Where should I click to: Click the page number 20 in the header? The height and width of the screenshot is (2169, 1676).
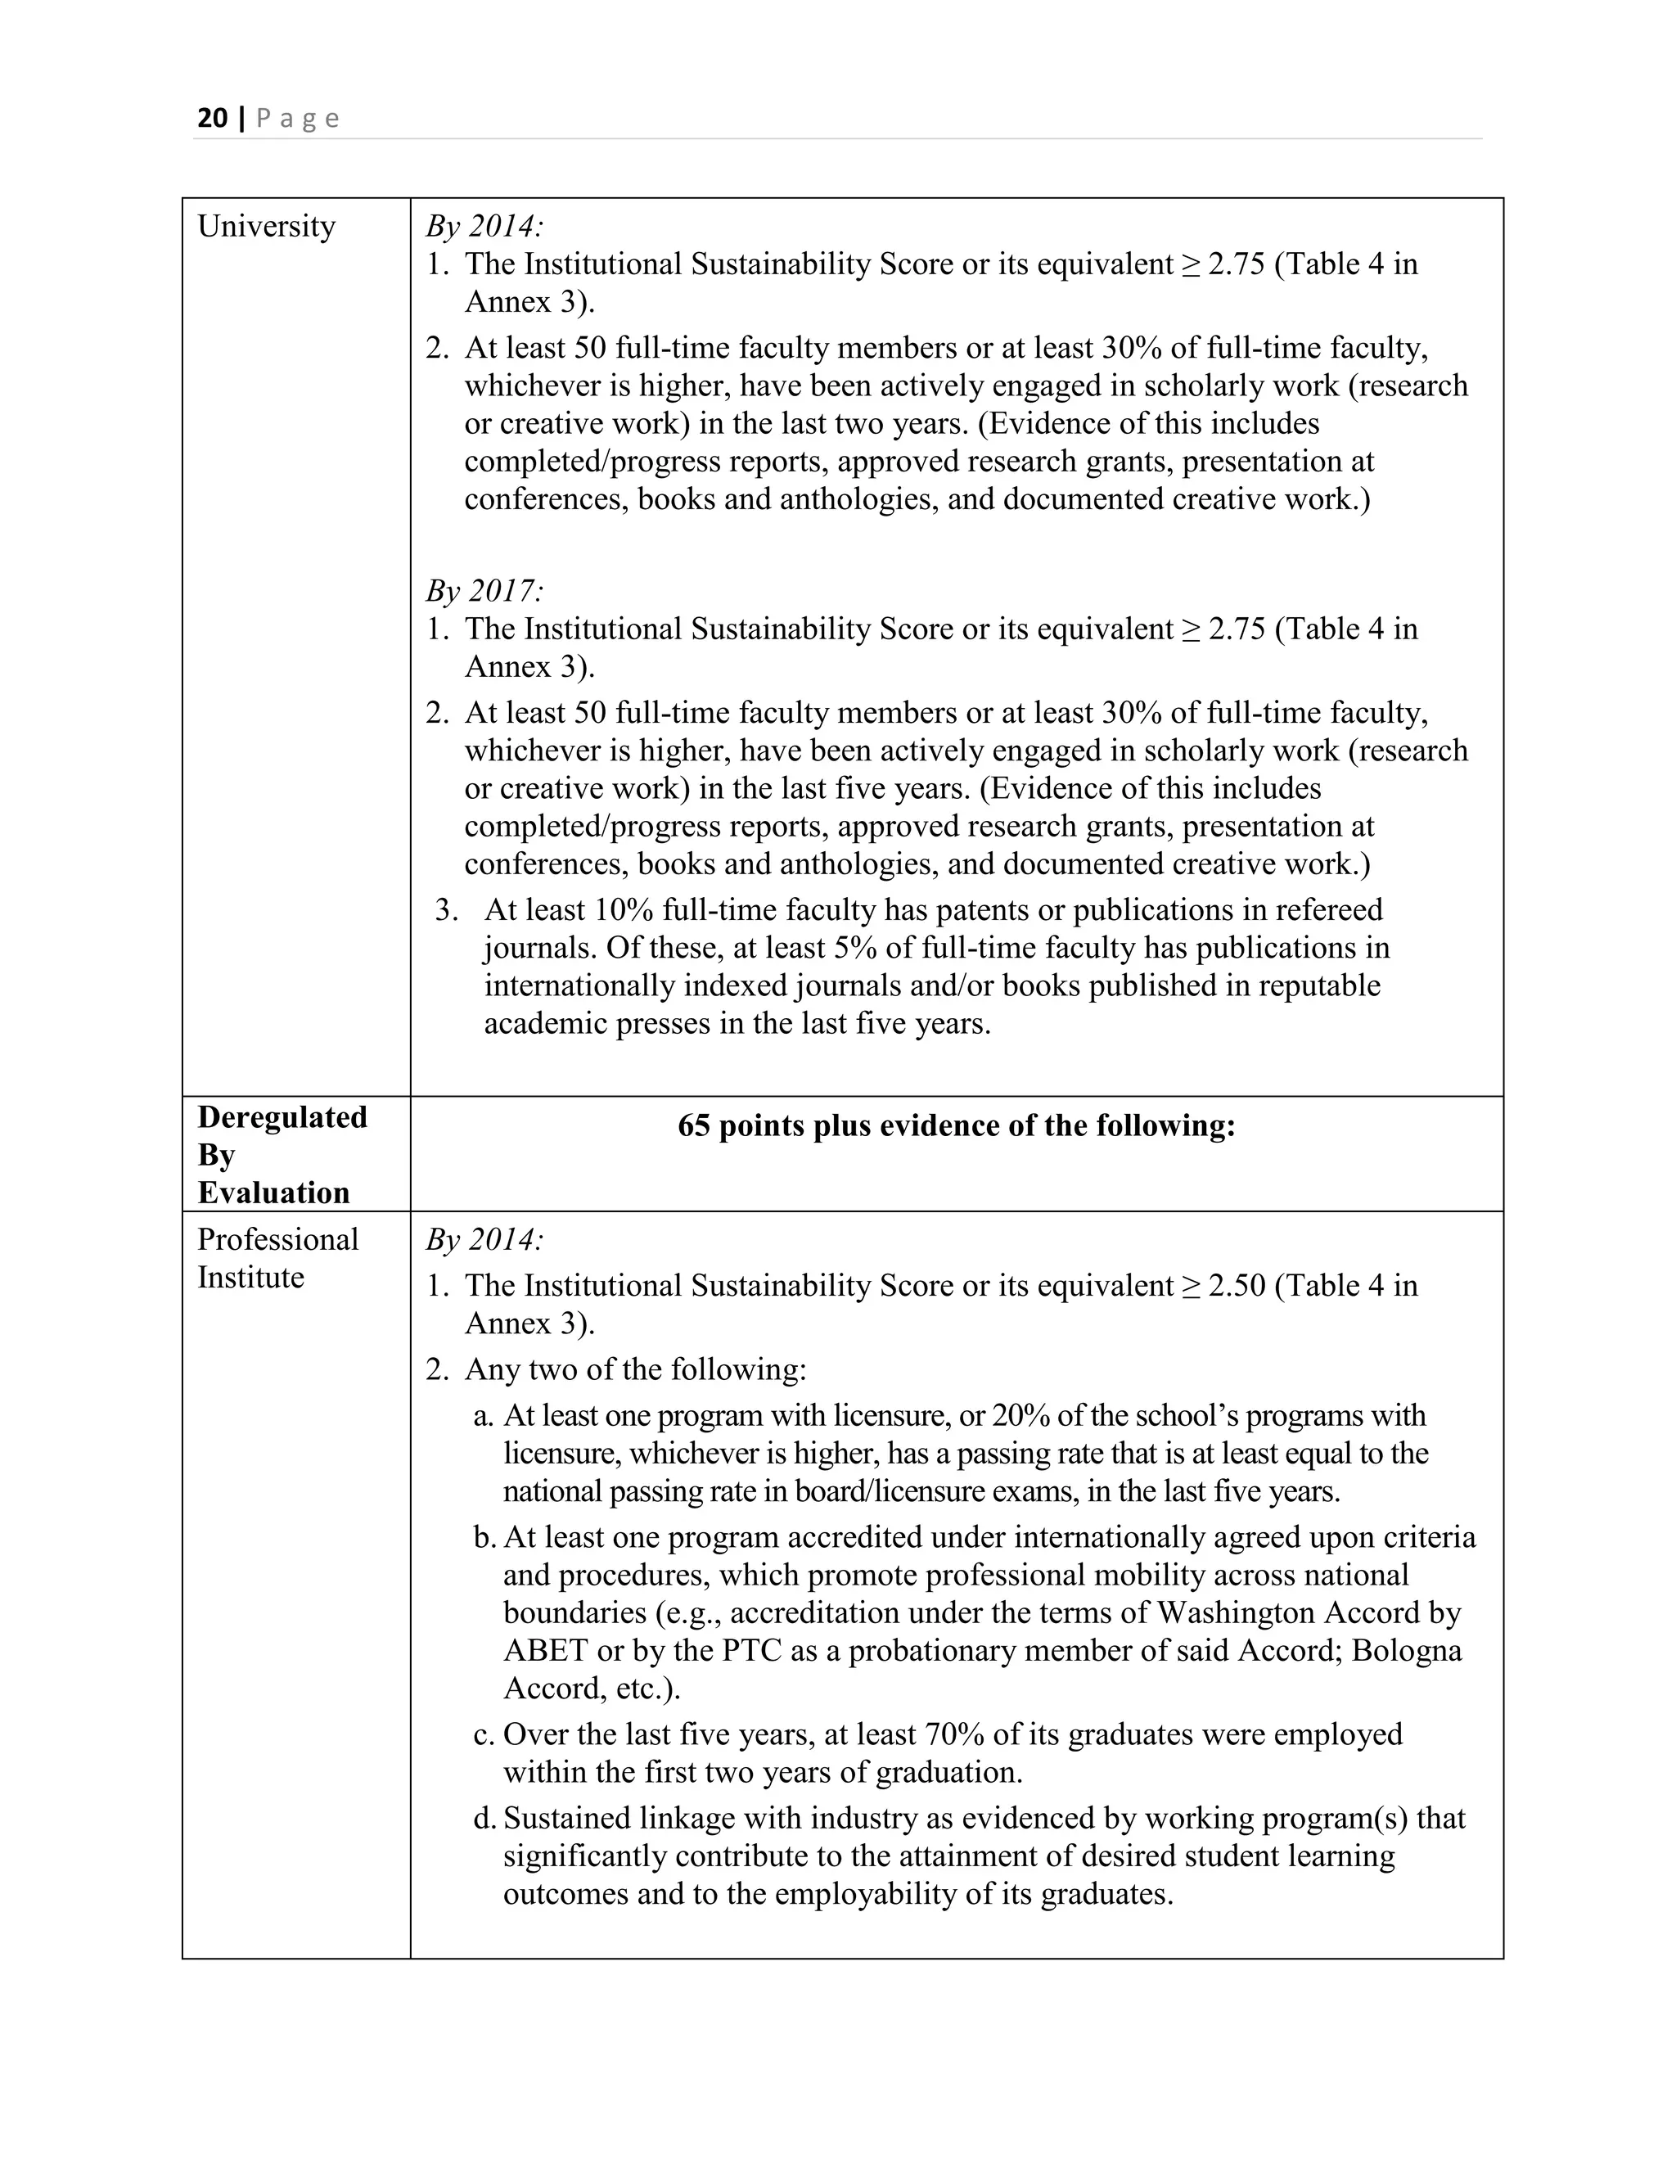pyautogui.click(x=211, y=119)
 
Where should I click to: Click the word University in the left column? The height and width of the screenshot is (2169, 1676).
pyautogui.click(x=266, y=227)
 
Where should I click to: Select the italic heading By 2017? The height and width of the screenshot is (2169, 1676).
pyautogui.click(x=484, y=592)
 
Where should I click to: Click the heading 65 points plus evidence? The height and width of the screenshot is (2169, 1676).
pyautogui.click(x=956, y=1125)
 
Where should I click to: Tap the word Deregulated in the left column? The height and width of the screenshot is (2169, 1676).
pyautogui.click(x=282, y=1117)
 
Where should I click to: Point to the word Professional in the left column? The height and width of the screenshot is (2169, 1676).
pyautogui.click(x=277, y=1239)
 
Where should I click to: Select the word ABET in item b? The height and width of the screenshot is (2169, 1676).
pyautogui.click(x=544, y=1651)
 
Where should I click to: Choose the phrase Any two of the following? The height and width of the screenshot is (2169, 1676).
pyautogui.click(x=635, y=1369)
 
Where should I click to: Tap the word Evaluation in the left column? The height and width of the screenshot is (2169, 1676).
pyautogui.click(x=273, y=1193)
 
